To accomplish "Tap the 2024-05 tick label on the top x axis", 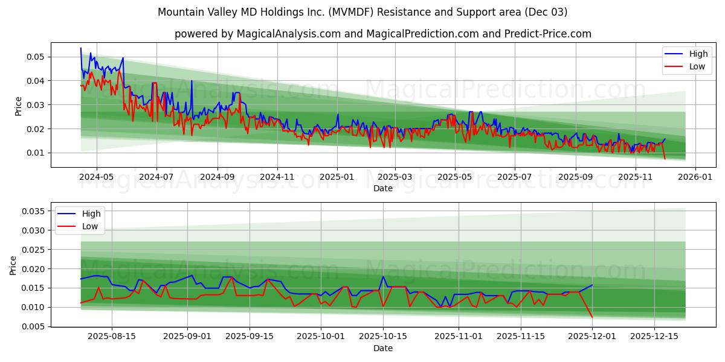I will click(x=97, y=177).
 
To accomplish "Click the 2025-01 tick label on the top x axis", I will click(x=337, y=177).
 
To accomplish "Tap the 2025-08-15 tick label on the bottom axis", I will click(x=112, y=336).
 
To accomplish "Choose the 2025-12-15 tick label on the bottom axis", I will click(x=654, y=336).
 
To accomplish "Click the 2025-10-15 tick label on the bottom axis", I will click(x=382, y=336).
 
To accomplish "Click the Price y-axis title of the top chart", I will click(x=18, y=105).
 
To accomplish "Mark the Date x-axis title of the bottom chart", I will click(x=383, y=348).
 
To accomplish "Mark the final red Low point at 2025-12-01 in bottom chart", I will click(x=592, y=317).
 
